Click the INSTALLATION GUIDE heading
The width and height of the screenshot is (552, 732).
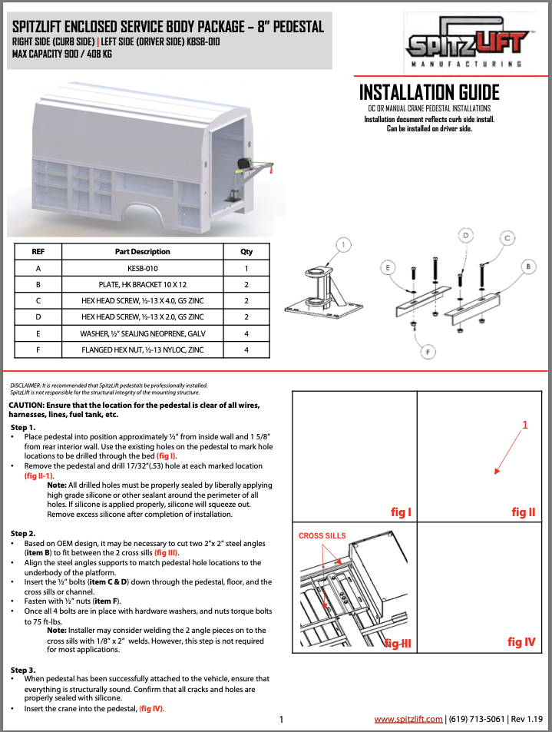pos(429,93)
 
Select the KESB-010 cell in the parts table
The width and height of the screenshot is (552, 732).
pos(142,269)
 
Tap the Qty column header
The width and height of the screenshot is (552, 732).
pos(246,251)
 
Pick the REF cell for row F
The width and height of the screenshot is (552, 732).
pos(38,349)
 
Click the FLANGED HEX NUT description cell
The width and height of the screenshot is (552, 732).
pos(142,349)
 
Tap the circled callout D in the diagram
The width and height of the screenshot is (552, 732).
pos(464,234)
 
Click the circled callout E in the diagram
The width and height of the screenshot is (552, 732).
pos(388,267)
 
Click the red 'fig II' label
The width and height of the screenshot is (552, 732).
pos(523,512)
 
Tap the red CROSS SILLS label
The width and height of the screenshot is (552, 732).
pos(322,535)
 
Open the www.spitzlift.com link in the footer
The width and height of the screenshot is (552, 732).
pos(408,719)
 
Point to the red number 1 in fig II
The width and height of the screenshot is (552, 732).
pos(525,425)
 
